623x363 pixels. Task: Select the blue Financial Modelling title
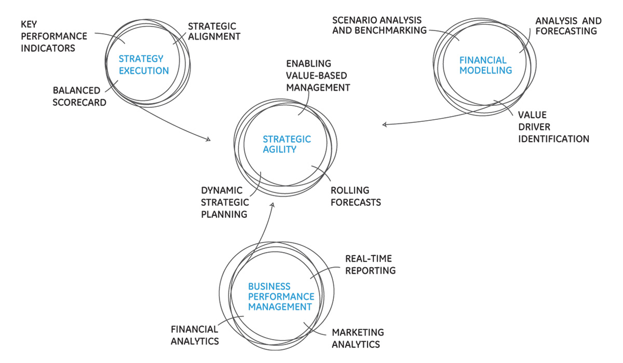(x=485, y=65)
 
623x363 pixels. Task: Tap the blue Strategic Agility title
(x=287, y=144)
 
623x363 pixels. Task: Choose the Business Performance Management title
(x=281, y=297)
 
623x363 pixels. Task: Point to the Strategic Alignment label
(x=213, y=31)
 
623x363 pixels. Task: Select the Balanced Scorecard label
(x=79, y=96)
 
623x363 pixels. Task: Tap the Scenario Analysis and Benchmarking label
(x=379, y=25)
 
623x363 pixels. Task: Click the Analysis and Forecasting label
(x=568, y=26)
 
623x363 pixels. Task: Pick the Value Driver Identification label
(x=553, y=127)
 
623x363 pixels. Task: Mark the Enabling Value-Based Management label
(x=318, y=75)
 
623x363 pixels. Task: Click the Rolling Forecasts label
(x=356, y=196)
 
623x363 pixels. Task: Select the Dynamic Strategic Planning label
(x=225, y=202)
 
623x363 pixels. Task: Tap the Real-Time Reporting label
(x=370, y=264)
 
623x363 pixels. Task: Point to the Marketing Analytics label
(x=358, y=338)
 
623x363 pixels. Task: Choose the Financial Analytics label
(x=195, y=335)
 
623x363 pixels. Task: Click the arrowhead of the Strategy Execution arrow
(x=209, y=139)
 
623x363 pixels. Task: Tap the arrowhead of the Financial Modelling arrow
(x=384, y=124)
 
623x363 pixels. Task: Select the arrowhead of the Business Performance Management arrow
(x=271, y=204)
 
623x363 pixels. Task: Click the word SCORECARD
(x=79, y=102)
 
